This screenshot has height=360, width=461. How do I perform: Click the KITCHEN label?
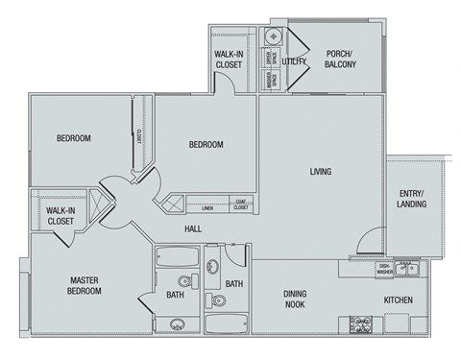point(399,300)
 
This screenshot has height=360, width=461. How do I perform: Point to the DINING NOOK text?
point(301,300)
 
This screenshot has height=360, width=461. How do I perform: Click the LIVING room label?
point(320,172)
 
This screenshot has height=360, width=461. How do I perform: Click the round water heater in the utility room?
point(273,36)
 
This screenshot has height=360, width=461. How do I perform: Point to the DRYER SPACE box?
point(269,58)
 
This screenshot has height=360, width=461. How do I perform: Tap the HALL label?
point(193,228)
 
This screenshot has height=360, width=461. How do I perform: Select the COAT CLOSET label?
point(241,204)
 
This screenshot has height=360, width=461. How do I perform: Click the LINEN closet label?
point(207,206)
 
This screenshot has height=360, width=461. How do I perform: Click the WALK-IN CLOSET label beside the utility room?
point(229,60)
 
